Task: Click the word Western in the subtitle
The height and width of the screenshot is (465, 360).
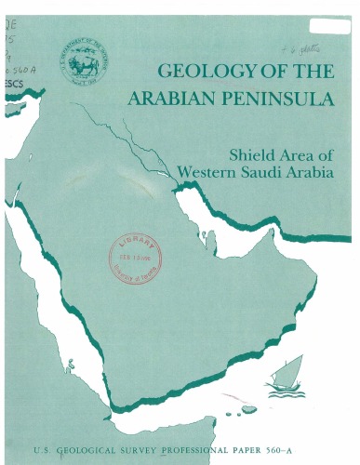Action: click(x=207, y=172)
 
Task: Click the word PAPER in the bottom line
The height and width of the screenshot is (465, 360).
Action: click(x=273, y=449)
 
